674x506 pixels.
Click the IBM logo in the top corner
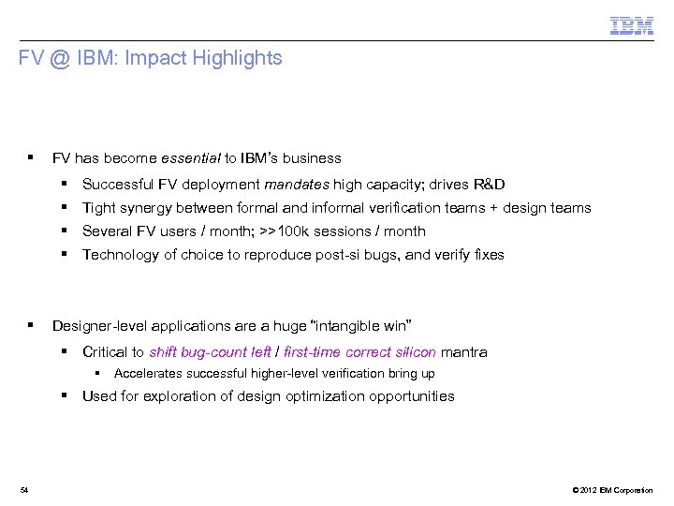tap(632, 25)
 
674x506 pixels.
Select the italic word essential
tap(191, 158)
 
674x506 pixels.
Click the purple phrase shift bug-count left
tap(211, 352)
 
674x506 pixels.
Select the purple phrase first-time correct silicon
tap(359, 352)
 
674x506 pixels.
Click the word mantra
tap(463, 352)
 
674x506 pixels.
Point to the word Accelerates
tap(146, 374)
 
